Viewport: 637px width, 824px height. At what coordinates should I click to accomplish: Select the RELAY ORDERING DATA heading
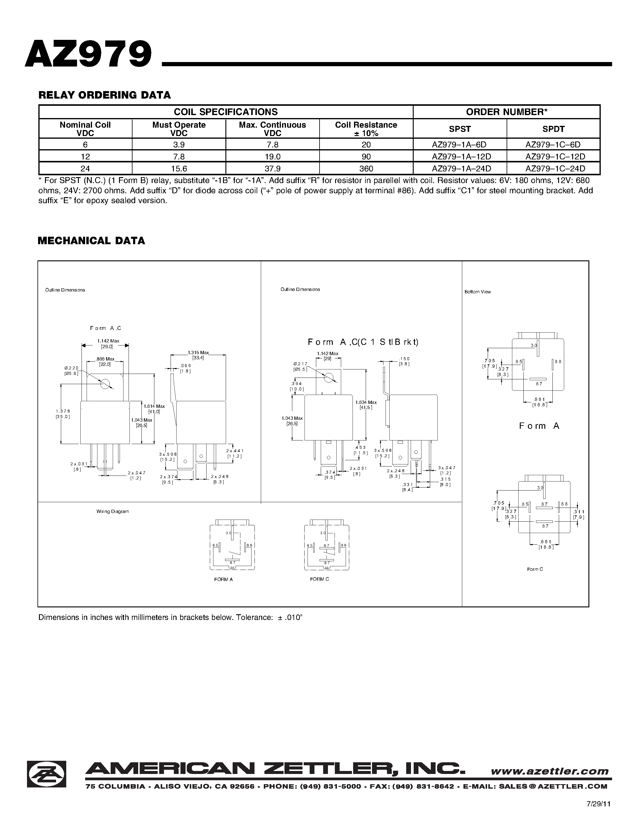[105, 95]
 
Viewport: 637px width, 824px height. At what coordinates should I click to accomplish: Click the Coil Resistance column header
[366, 129]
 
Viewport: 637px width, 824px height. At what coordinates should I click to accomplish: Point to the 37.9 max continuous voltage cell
[272, 168]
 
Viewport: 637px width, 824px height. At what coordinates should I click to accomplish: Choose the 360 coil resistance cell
[366, 168]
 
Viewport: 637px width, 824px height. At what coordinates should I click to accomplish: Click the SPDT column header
[553, 129]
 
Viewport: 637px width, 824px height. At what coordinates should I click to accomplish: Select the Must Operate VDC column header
[179, 129]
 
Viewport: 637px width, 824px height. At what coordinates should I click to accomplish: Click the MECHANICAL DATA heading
[91, 241]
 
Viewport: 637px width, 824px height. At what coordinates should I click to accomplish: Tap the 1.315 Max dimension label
[198, 353]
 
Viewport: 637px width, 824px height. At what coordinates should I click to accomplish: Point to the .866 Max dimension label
[105, 359]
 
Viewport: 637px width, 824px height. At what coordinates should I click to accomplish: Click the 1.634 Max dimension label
[366, 402]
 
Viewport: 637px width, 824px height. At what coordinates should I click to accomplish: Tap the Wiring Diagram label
[112, 511]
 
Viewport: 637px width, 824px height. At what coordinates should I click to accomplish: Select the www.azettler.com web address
[549, 771]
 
